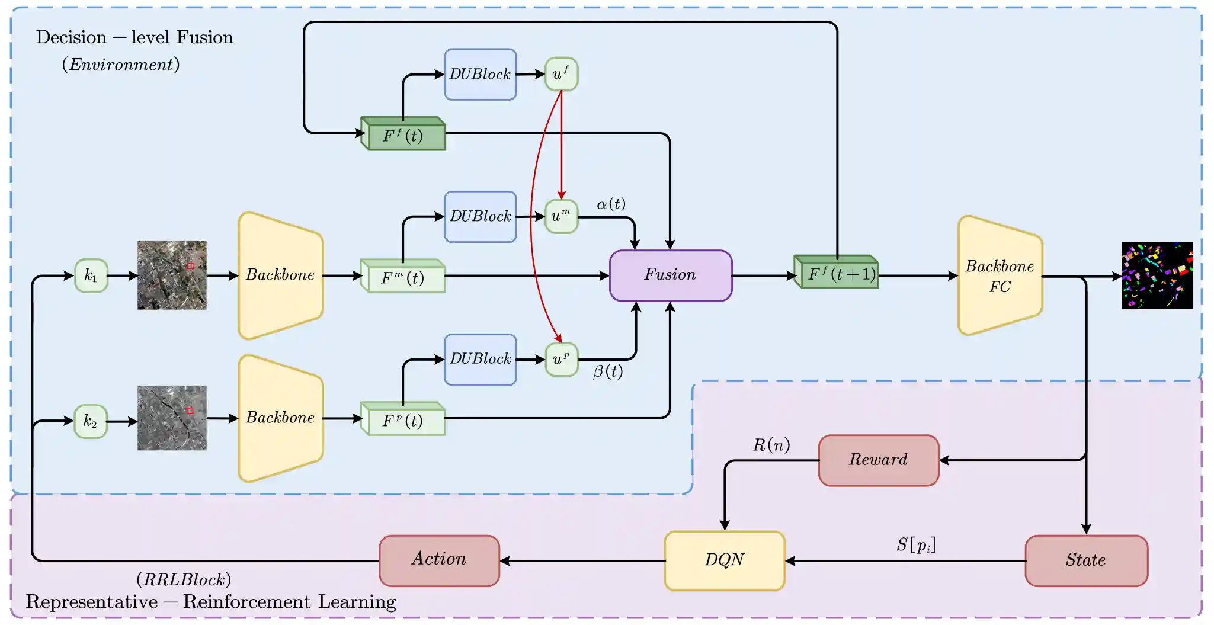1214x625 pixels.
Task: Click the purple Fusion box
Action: (671, 275)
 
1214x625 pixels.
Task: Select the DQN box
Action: (725, 560)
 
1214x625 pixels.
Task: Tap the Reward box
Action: (879, 460)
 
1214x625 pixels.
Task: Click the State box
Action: (1086, 560)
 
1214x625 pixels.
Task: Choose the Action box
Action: (439, 560)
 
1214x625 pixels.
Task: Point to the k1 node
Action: (91, 275)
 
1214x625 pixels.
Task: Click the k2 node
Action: (91, 421)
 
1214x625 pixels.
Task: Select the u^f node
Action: (561, 74)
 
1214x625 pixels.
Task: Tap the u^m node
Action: (561, 216)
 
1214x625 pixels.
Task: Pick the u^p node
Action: (561, 359)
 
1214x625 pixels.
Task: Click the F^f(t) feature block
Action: (403, 134)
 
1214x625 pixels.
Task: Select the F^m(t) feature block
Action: (403, 277)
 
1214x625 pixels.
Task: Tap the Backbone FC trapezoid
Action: (1000, 276)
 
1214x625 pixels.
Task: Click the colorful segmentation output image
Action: (1157, 275)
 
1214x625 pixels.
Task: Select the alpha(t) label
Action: (611, 204)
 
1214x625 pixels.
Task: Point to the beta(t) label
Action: (608, 372)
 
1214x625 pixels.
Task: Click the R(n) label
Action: (771, 445)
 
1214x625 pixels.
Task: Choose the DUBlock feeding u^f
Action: (481, 75)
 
